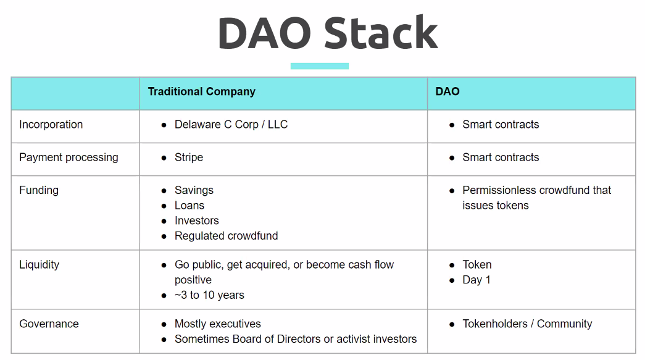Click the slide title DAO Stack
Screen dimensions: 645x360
[x=328, y=33]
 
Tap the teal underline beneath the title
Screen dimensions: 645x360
[x=320, y=66]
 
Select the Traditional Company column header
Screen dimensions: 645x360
[x=202, y=92]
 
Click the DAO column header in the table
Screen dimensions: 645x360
[x=447, y=91]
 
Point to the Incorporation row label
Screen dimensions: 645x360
[x=51, y=125]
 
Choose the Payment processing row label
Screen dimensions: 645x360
[x=69, y=157]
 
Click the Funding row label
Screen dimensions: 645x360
[x=39, y=190]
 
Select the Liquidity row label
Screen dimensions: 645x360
[x=39, y=264]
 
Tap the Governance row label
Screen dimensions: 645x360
[x=49, y=324]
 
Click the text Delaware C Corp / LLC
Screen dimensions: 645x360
[x=231, y=125]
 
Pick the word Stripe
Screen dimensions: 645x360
[x=189, y=157]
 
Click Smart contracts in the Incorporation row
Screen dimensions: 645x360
[x=501, y=125]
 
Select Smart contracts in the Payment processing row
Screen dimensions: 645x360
[x=501, y=157]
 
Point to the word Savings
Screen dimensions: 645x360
[x=194, y=190]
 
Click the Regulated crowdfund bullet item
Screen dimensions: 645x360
[x=227, y=236]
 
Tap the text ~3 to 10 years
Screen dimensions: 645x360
[x=209, y=295]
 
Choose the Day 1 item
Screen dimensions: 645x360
[x=476, y=280]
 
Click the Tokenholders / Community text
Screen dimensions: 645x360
[x=527, y=324]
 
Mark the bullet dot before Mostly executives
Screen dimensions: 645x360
[x=164, y=325]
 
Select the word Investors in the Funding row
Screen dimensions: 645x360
[x=197, y=220]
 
